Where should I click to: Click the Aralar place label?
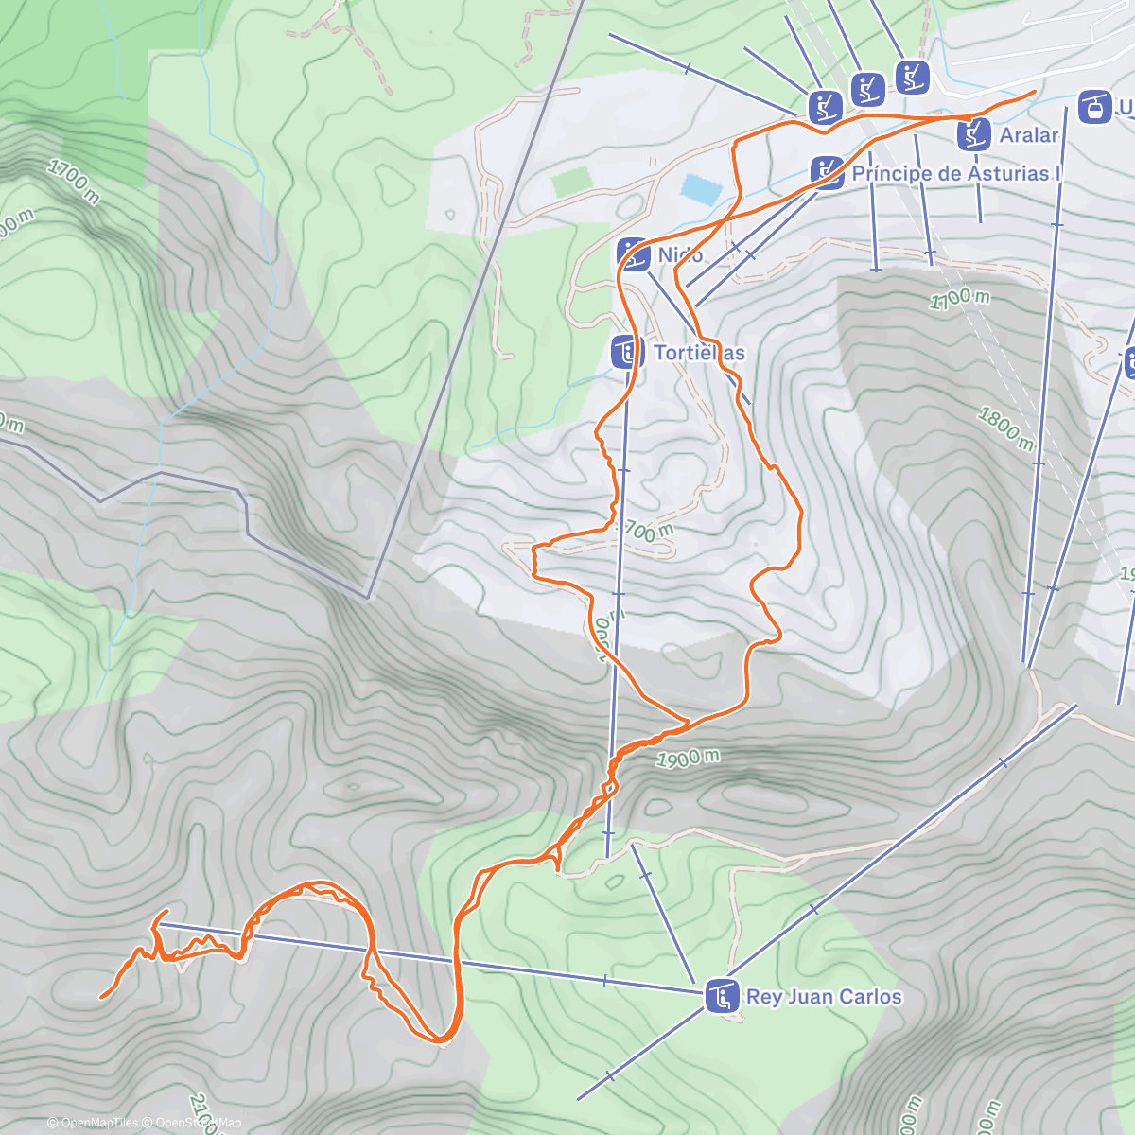(x=1029, y=135)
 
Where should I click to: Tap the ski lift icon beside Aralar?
(x=972, y=135)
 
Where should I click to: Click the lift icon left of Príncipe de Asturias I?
(x=827, y=173)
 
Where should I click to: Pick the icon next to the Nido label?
(x=633, y=253)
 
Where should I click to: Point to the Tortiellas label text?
(x=699, y=353)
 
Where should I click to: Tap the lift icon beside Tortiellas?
(x=626, y=352)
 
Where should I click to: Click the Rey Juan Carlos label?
(x=824, y=996)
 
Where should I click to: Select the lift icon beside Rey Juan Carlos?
(x=723, y=996)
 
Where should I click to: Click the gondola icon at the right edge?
(x=1094, y=107)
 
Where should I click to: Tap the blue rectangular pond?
(x=700, y=188)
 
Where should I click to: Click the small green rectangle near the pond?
(x=570, y=181)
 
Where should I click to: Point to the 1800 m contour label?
(x=1004, y=428)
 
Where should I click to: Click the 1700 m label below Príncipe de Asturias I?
(x=959, y=299)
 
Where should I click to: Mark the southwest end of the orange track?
(x=101, y=996)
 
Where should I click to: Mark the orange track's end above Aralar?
(x=1034, y=92)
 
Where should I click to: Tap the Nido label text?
(x=680, y=254)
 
